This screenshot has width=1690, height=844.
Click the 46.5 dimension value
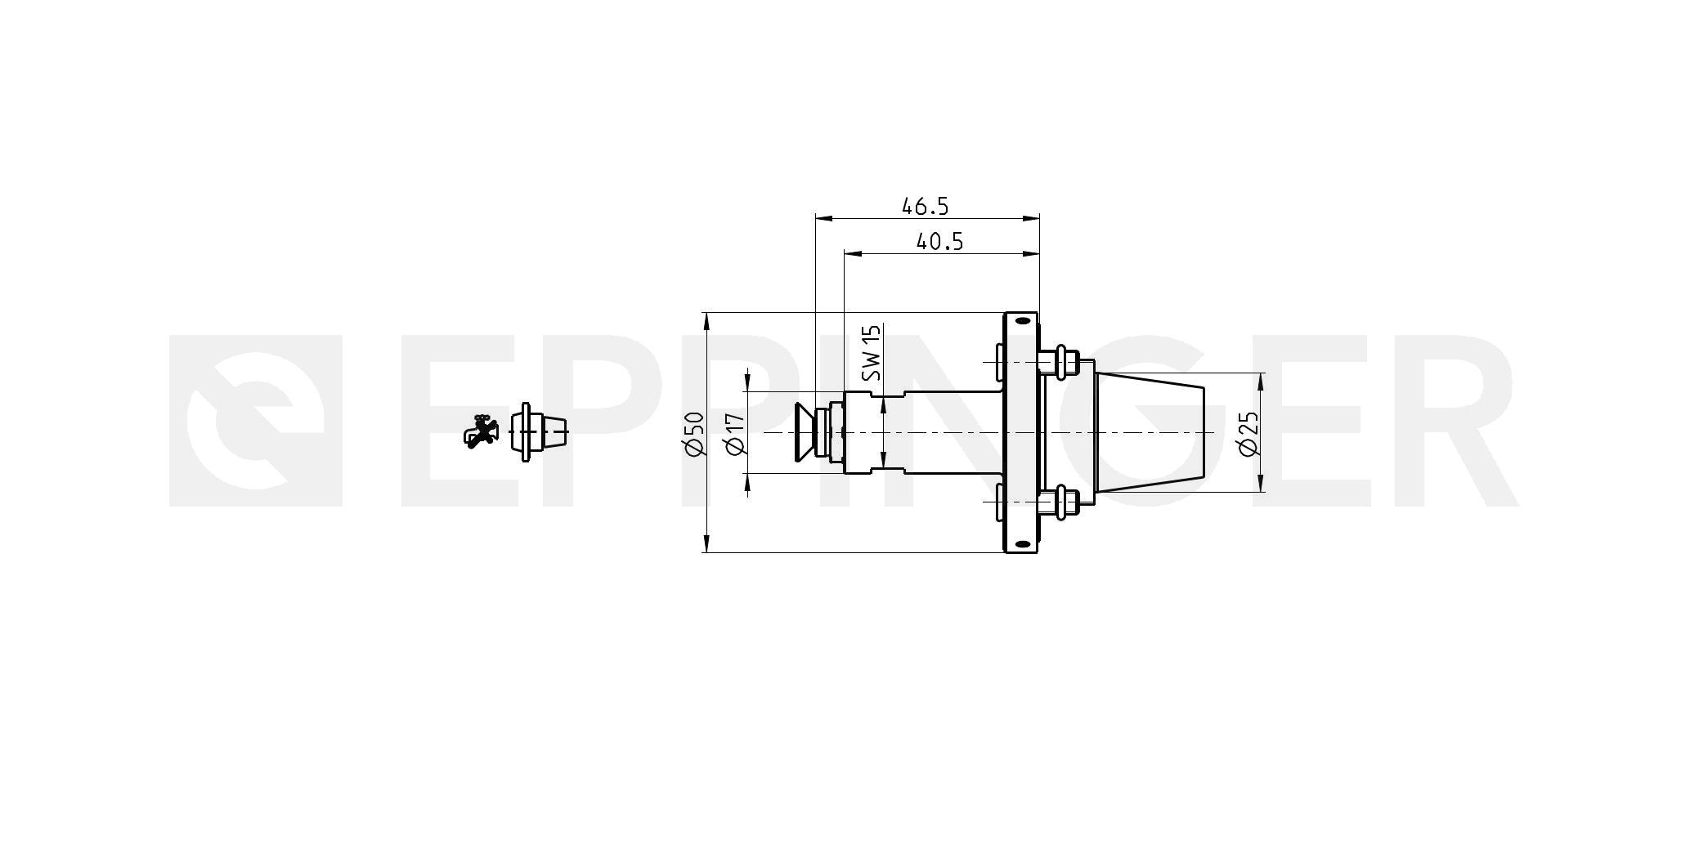[x=925, y=206]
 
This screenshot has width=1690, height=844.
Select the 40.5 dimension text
[x=939, y=242]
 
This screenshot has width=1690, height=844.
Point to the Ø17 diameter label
[x=735, y=434]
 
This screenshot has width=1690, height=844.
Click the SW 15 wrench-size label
[x=872, y=353]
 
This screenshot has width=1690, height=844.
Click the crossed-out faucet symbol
[x=481, y=431]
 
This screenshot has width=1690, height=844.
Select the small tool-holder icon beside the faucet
[x=538, y=431]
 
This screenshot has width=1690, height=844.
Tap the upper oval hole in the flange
[x=1021, y=321]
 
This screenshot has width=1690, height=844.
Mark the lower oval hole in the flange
[x=1021, y=543]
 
